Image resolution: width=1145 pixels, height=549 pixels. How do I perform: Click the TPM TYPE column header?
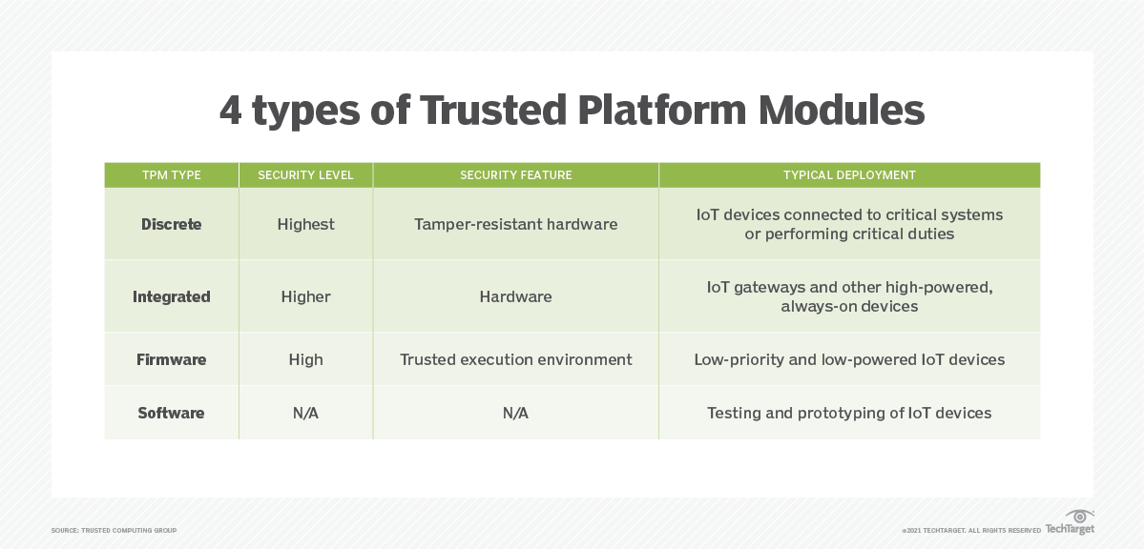point(171,175)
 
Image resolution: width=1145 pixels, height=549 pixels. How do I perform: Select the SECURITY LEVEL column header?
point(305,175)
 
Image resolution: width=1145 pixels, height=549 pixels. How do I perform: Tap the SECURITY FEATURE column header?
point(515,175)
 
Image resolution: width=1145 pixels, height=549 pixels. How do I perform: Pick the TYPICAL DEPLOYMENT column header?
point(849,175)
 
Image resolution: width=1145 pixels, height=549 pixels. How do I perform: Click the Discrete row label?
point(171,224)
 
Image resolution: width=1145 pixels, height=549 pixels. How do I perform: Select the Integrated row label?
point(171,296)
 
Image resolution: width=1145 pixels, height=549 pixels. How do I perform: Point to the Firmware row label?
point(171,359)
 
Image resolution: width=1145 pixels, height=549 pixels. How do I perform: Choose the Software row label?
point(171,413)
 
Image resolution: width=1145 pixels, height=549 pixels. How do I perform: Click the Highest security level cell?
point(305,224)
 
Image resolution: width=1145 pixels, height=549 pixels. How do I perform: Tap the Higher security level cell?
point(305,296)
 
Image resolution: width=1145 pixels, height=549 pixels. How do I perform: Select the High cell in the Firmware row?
point(305,359)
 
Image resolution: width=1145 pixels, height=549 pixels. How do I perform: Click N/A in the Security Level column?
point(305,413)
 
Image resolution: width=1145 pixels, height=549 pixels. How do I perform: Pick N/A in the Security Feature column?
point(515,413)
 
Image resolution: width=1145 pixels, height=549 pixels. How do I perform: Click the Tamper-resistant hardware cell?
point(515,224)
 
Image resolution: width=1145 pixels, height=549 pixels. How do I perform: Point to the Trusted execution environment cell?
point(515,359)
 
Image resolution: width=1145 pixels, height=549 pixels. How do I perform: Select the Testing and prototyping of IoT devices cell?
point(849,413)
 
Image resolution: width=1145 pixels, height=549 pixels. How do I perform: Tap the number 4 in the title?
point(231,111)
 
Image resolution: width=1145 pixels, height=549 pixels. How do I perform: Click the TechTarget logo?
point(1071,523)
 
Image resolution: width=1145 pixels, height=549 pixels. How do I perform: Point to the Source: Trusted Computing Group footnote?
point(114,530)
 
